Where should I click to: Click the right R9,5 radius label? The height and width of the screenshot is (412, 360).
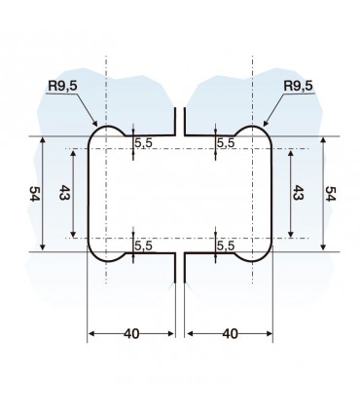click(x=298, y=86)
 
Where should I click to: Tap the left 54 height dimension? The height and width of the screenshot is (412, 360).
click(x=34, y=194)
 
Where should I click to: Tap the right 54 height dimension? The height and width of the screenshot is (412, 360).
click(x=331, y=194)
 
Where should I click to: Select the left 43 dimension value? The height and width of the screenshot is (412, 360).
click(x=64, y=193)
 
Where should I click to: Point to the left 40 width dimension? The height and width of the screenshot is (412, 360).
click(x=131, y=333)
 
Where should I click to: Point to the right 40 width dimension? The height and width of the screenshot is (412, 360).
click(x=230, y=333)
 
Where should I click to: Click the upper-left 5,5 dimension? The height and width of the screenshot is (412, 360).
click(x=143, y=143)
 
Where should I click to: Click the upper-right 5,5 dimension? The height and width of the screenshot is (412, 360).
click(x=226, y=143)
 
